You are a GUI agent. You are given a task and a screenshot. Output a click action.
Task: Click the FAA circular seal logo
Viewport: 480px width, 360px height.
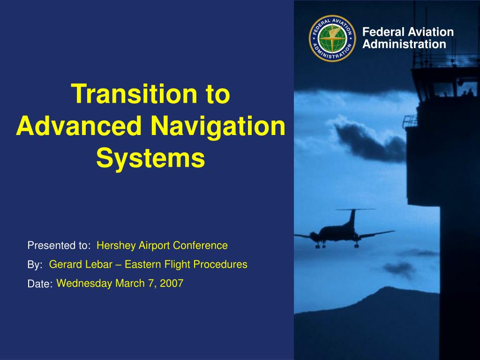(x=332, y=38)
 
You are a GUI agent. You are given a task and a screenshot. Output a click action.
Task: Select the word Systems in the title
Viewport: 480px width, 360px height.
(x=150, y=158)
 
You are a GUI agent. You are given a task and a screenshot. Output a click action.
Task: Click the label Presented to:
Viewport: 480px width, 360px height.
(x=59, y=246)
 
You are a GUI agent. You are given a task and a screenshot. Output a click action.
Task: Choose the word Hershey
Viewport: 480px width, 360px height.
(x=116, y=246)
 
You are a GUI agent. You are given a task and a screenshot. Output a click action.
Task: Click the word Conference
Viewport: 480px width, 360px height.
(x=200, y=246)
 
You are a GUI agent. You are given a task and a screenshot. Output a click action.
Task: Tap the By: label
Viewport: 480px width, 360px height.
(x=35, y=265)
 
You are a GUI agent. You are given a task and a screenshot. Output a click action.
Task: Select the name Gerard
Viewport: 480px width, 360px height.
(x=65, y=264)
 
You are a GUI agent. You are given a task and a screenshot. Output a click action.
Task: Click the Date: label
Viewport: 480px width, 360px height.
(x=40, y=284)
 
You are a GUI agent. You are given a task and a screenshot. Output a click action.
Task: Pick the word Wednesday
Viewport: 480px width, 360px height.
(x=84, y=284)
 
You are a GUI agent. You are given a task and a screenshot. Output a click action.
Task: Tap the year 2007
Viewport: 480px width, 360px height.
(x=172, y=283)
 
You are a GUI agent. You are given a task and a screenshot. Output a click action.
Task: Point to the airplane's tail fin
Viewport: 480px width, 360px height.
(x=352, y=218)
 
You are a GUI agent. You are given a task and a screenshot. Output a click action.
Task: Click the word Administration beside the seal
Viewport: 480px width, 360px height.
(x=404, y=44)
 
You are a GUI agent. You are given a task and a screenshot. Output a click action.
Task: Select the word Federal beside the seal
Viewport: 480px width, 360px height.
(x=383, y=32)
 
